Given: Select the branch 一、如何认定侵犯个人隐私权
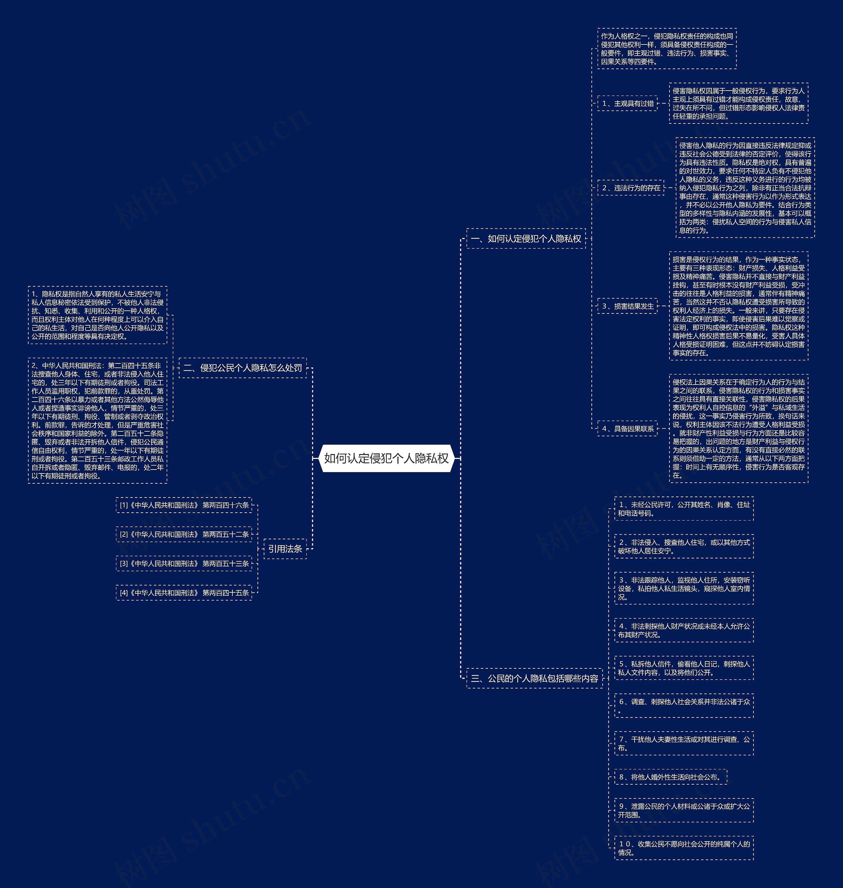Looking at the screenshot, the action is (x=526, y=239).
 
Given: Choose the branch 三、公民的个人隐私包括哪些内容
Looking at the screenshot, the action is (x=534, y=678).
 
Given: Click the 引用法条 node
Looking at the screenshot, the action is (x=285, y=549).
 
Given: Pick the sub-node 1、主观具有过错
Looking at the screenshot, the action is (x=627, y=103).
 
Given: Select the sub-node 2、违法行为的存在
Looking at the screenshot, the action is (x=631, y=188).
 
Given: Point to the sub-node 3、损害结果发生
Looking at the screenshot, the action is (x=627, y=306).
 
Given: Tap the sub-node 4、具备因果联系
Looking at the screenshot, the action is (x=627, y=429).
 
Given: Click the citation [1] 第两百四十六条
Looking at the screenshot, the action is (x=184, y=505).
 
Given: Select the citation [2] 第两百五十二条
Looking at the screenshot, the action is (x=184, y=534).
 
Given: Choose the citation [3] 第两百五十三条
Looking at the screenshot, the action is (x=184, y=564).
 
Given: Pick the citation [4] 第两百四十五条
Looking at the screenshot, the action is (x=184, y=593).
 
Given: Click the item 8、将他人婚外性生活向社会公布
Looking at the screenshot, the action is (x=670, y=777).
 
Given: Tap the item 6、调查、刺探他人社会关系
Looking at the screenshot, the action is (x=684, y=706).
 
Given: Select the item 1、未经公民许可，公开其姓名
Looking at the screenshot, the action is (x=684, y=509).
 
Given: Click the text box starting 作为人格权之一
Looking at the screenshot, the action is (x=667, y=48).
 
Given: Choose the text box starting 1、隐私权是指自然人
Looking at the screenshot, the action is (x=97, y=315).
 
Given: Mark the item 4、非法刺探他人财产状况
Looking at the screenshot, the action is (x=684, y=630).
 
